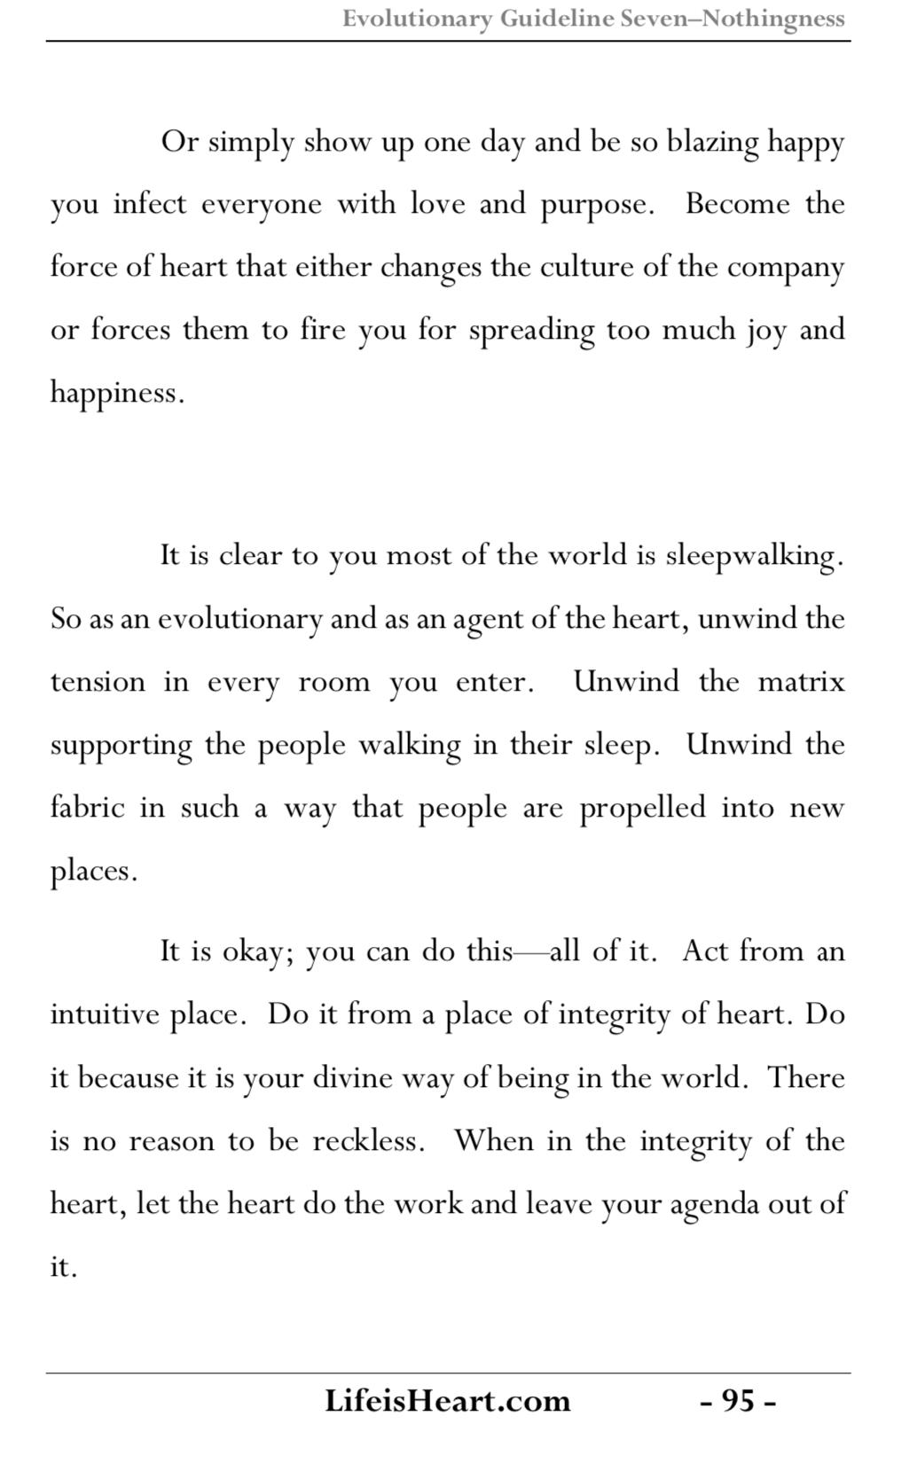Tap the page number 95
tap(738, 1401)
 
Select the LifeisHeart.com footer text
tap(447, 1401)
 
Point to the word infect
tap(150, 204)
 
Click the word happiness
tap(115, 393)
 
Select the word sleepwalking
tap(751, 556)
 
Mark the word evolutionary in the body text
tap(239, 619)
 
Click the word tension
tap(98, 682)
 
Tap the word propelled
tap(643, 808)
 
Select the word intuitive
tap(105, 1014)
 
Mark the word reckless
tap(367, 1140)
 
